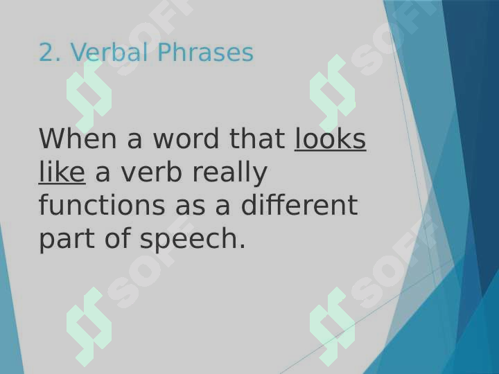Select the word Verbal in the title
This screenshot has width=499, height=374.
(x=109, y=52)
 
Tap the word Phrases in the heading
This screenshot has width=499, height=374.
(x=205, y=52)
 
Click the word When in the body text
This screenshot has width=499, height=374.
(x=78, y=139)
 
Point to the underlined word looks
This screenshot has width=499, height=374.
(x=330, y=139)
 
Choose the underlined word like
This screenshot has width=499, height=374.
(x=62, y=172)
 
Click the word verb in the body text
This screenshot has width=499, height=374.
(x=150, y=172)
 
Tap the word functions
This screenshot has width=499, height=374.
(x=102, y=205)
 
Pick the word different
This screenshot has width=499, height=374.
(x=299, y=205)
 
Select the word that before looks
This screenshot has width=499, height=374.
(x=257, y=139)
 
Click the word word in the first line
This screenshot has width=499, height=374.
(x=186, y=139)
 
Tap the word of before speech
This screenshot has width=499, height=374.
(x=117, y=238)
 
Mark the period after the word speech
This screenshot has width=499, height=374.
(x=243, y=246)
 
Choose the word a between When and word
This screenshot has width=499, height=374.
(x=134, y=141)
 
